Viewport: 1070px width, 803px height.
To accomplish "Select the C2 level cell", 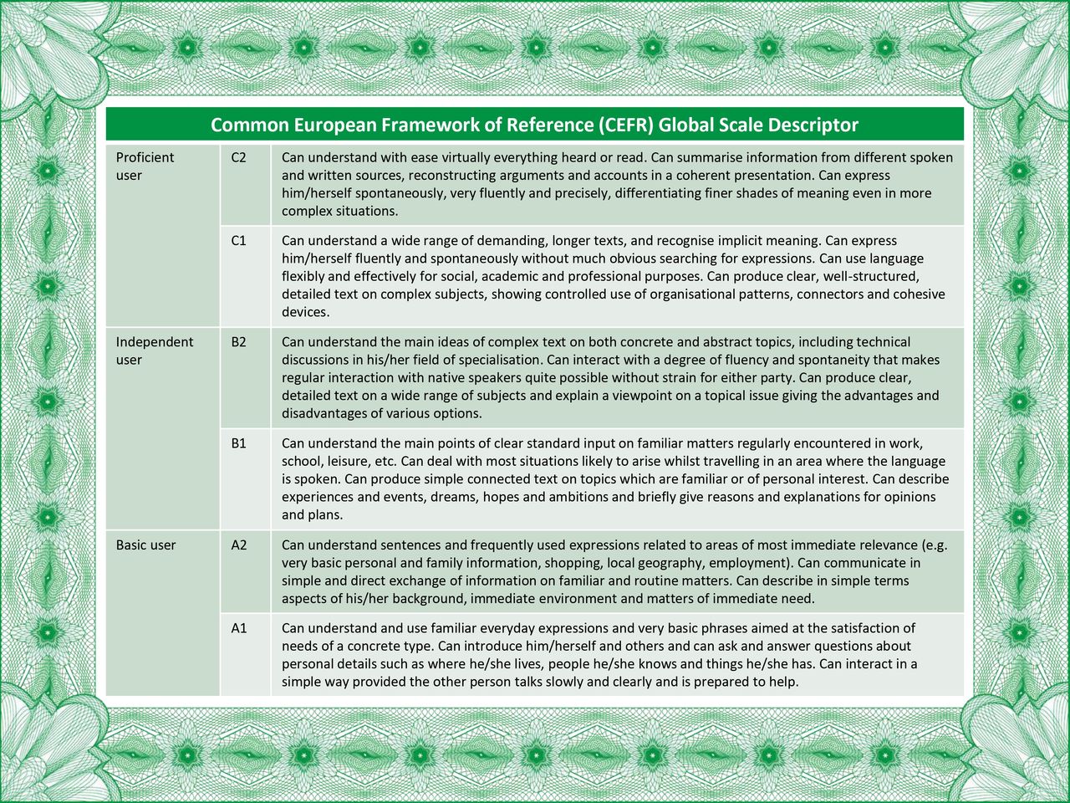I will point(239,157).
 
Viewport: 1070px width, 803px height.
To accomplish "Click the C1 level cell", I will point(239,241).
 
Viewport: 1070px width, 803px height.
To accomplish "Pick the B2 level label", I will point(239,342).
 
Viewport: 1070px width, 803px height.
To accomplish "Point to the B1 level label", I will point(239,443).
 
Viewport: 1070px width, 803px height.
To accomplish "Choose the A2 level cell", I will point(239,545).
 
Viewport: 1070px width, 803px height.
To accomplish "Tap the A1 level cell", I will point(239,628).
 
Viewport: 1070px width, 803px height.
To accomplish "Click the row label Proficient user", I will point(145,166).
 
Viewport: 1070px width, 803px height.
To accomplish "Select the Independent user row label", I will point(154,350).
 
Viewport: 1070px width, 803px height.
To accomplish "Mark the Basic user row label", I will point(145,545).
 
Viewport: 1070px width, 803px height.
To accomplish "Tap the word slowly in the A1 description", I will point(568,682).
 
